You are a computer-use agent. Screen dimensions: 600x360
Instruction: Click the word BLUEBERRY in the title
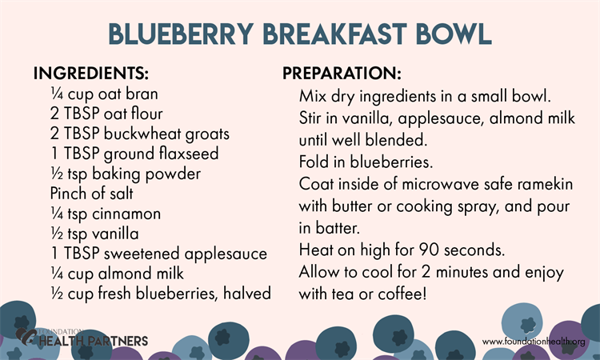click(181, 34)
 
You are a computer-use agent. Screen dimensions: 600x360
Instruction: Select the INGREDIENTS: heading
click(90, 73)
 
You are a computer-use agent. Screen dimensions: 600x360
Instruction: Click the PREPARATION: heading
click(342, 73)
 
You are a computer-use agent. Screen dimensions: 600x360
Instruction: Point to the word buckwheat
click(142, 134)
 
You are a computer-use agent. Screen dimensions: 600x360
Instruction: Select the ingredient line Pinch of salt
click(91, 193)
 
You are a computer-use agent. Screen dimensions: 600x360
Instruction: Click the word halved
click(247, 293)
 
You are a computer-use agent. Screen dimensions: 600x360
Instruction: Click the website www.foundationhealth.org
click(534, 342)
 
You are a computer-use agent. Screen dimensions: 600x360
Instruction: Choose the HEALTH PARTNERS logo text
click(94, 341)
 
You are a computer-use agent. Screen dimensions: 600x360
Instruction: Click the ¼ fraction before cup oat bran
click(57, 94)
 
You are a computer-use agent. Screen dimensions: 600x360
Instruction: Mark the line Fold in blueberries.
click(366, 162)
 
